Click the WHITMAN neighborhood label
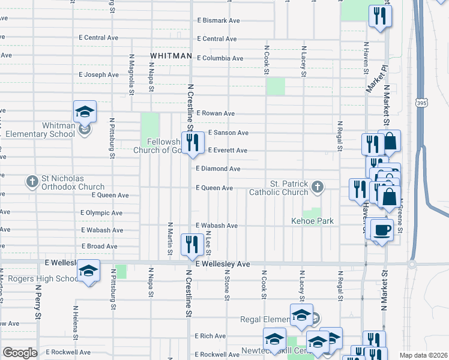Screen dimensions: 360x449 pyautogui.click(x=170, y=56)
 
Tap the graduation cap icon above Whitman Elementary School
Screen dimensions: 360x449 pyautogui.click(x=85, y=112)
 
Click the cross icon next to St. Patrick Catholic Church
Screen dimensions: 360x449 pyautogui.click(x=318, y=188)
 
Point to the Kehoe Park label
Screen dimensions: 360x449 pyautogui.click(x=312, y=221)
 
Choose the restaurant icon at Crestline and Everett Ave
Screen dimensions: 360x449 pyautogui.click(x=193, y=143)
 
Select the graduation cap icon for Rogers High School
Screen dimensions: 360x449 pyautogui.click(x=88, y=271)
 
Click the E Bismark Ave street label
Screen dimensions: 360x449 pyautogui.click(x=218, y=20)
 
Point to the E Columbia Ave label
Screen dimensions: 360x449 pyautogui.click(x=220, y=58)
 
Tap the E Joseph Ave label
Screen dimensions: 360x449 pyautogui.click(x=99, y=75)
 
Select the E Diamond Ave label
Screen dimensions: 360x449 pyautogui.click(x=218, y=169)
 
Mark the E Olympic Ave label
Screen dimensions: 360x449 pyautogui.click(x=101, y=213)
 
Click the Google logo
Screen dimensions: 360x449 pyautogui.click(x=20, y=353)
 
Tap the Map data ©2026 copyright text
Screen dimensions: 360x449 pyautogui.click(x=423, y=355)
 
